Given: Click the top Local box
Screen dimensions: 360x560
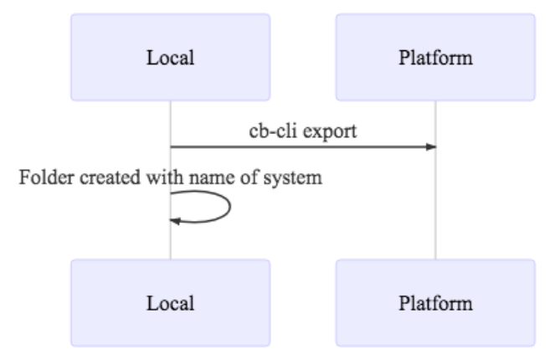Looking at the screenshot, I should pyautogui.click(x=170, y=57).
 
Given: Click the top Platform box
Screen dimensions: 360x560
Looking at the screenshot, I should pyautogui.click(x=435, y=57).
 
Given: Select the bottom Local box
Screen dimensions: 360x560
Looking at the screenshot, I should pyautogui.click(x=170, y=302).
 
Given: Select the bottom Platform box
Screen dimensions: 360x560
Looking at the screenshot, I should pyautogui.click(x=435, y=302).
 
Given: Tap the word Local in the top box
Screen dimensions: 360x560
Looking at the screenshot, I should pyautogui.click(x=170, y=58).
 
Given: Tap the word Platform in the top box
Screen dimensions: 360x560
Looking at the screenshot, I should pyautogui.click(x=435, y=58).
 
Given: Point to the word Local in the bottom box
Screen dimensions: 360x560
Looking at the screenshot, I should pyautogui.click(x=170, y=303).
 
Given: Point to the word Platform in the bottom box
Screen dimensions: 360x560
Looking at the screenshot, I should pyautogui.click(x=435, y=303).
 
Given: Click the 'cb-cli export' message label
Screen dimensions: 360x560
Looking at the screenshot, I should pyautogui.click(x=302, y=131).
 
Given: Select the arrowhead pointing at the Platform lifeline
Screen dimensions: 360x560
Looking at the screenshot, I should pyautogui.click(x=431, y=147).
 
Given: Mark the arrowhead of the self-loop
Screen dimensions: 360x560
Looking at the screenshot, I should pyautogui.click(x=175, y=220).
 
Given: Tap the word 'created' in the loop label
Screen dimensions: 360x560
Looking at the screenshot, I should pyautogui.click(x=100, y=177).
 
